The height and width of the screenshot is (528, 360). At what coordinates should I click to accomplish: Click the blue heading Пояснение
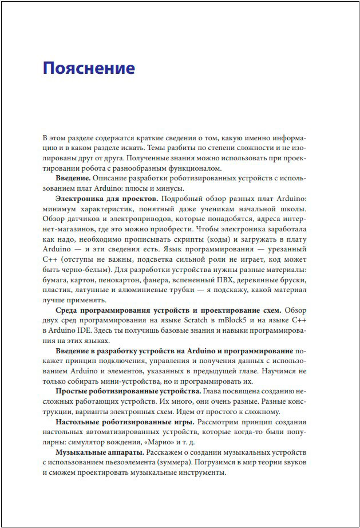(89, 69)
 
